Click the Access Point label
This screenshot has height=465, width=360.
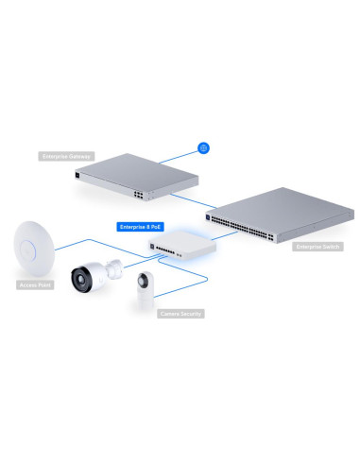[35, 284]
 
